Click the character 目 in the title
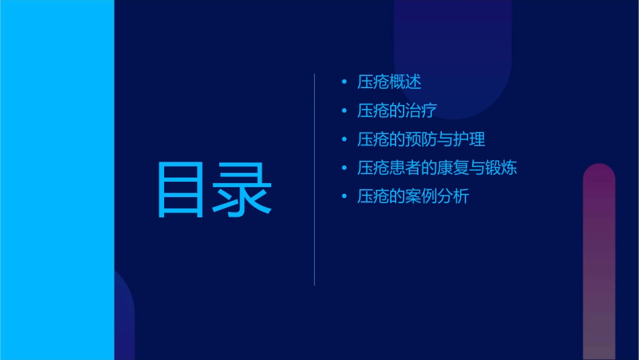pos(181,190)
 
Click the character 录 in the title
pos(244,190)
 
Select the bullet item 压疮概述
pos(389,82)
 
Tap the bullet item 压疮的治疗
pos(399,111)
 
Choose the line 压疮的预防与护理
pos(421,139)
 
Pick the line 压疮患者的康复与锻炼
pos(437,168)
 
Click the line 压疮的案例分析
pos(413,196)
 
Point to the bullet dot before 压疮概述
pos(344,83)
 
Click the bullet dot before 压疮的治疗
pos(344,111)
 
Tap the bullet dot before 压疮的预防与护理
pos(344,140)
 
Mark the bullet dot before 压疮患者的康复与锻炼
pos(344,168)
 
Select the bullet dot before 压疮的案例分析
pos(344,197)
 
